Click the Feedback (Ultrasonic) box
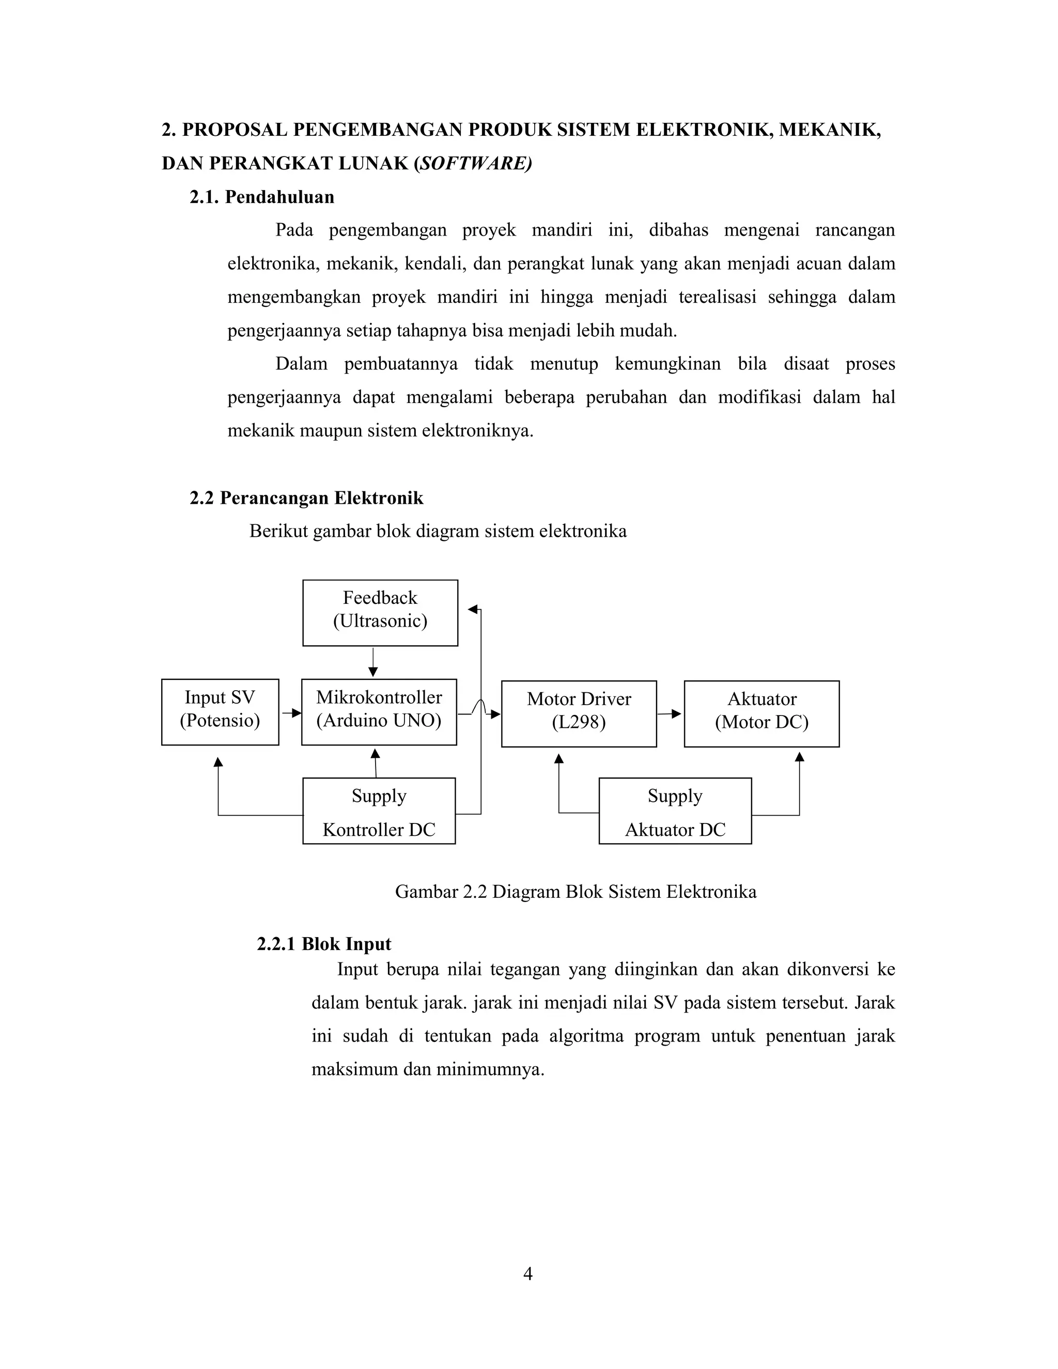[x=380, y=612]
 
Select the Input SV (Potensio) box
[x=220, y=711]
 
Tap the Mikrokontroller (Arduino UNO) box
[x=379, y=711]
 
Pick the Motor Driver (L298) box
[x=579, y=713]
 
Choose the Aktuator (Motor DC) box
[x=761, y=713]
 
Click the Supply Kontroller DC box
[x=379, y=811]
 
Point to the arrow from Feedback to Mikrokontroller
[x=373, y=663]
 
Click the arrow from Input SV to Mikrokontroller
[x=291, y=713]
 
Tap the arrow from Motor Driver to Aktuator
[x=670, y=713]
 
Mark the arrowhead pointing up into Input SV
[x=218, y=762]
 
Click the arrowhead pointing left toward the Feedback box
[x=473, y=609]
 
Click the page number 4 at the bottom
[x=528, y=1274]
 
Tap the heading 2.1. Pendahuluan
[x=262, y=197]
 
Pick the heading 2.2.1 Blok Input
[x=323, y=943]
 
